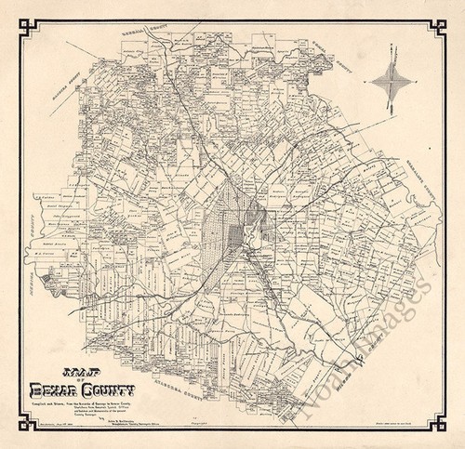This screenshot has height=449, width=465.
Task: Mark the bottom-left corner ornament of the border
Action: click(23, 425)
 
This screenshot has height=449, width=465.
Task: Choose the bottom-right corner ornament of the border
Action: click(442, 425)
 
